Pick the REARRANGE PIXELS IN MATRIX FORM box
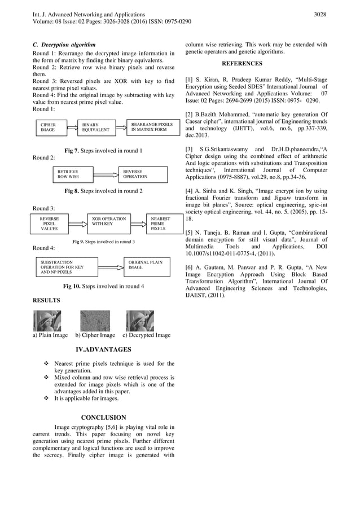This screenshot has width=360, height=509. (x=151, y=128)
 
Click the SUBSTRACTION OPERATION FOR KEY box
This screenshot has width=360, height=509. (x=64, y=267)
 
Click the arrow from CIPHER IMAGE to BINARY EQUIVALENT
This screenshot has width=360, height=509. (x=70, y=128)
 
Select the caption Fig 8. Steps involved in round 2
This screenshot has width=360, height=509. (x=103, y=191)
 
